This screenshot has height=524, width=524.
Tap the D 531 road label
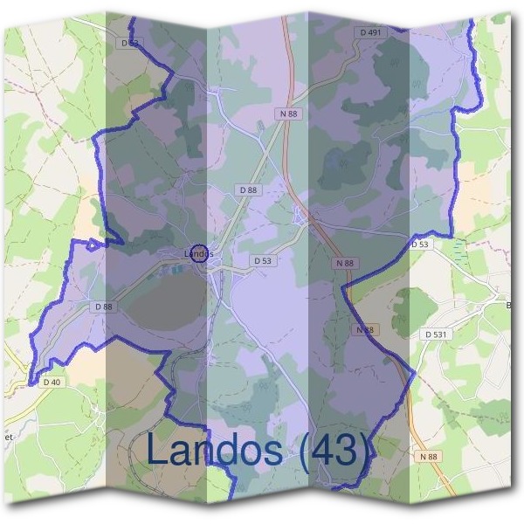click(435, 334)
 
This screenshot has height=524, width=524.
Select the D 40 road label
click(52, 382)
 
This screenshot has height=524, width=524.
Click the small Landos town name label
click(199, 254)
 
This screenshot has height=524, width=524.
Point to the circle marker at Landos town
click(199, 253)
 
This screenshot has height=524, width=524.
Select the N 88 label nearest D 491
click(289, 114)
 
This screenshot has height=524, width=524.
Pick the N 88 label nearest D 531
click(365, 329)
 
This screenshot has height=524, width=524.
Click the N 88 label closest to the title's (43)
click(427, 457)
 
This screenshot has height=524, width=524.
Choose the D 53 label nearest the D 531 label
click(420, 245)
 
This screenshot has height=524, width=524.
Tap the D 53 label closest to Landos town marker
click(263, 260)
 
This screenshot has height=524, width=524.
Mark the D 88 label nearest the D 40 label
click(103, 307)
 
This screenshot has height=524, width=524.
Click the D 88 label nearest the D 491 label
click(248, 190)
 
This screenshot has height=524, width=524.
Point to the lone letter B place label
click(509, 305)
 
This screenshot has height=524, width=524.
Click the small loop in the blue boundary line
click(93, 244)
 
